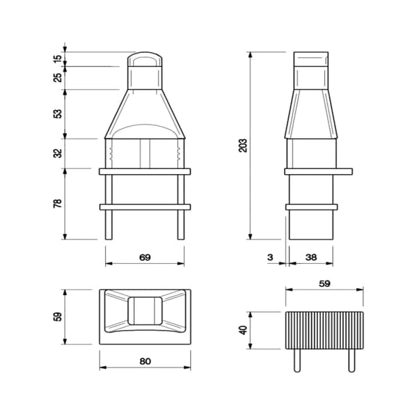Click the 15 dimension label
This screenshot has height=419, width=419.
57,58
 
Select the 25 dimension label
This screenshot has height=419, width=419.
57,77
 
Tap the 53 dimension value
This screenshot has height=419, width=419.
57,113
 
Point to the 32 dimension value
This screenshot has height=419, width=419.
57,152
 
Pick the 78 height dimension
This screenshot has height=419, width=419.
57,203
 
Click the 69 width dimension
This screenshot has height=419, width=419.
145,258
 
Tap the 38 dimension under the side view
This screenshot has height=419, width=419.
310,258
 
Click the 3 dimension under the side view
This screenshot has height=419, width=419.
270,258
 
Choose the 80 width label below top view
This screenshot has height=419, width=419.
145,362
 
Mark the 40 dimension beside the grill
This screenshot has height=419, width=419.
242,330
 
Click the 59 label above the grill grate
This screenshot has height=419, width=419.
324,284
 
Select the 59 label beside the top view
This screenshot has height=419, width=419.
57,316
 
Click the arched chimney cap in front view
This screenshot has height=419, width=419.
145,58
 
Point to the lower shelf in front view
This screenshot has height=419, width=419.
145,207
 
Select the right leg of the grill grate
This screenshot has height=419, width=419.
351,361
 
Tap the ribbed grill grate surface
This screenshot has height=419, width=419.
324,331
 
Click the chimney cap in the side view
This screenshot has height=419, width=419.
311,58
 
